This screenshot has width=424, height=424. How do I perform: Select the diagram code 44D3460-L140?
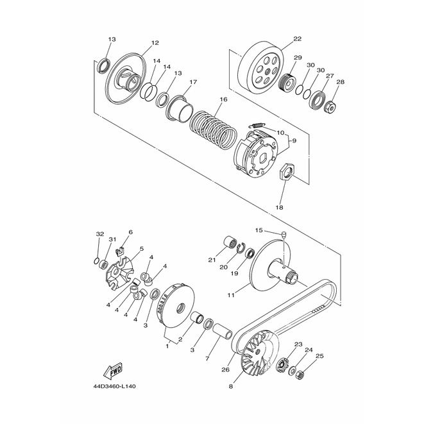pyautogui.click(x=114, y=386)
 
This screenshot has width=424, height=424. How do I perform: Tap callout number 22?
pyautogui.click(x=297, y=39)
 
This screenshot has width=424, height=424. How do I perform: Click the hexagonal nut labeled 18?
pyautogui.click(x=287, y=173)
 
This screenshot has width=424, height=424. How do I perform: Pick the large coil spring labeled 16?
pyautogui.click(x=213, y=129)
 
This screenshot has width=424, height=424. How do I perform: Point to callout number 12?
pyautogui.click(x=155, y=43)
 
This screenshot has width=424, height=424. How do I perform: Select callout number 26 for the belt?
pyautogui.click(x=225, y=369)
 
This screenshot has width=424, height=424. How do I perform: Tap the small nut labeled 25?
pyautogui.click(x=300, y=375)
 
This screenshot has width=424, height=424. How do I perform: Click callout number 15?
pyautogui.click(x=259, y=230)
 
